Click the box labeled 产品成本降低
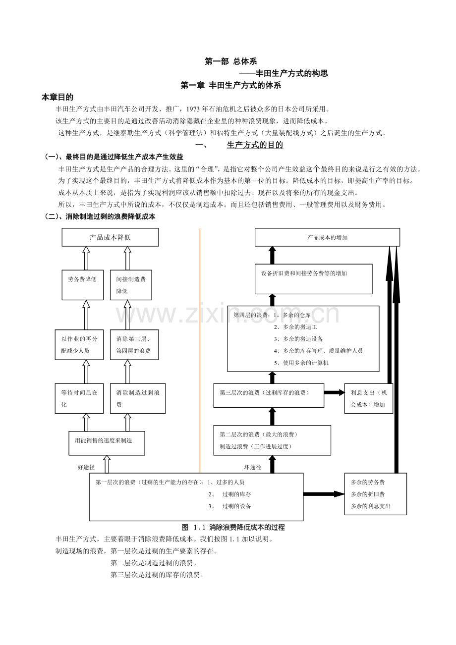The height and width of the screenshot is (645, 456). pyautogui.click(x=110, y=237)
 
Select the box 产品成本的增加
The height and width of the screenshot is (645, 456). pyautogui.click(x=327, y=237)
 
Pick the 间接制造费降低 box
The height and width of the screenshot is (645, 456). pyautogui.click(x=131, y=285)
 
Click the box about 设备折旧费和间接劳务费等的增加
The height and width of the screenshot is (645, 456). pyautogui.click(x=314, y=279)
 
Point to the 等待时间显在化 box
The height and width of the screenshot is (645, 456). pyautogui.click(x=82, y=398)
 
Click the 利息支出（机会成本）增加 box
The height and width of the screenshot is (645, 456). pyautogui.click(x=369, y=398)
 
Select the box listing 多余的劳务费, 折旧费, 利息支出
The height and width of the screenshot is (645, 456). pyautogui.click(x=375, y=494)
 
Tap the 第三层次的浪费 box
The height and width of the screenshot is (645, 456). pyautogui.click(x=269, y=395)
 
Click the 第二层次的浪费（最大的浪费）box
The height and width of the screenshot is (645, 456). pyautogui.click(x=272, y=440)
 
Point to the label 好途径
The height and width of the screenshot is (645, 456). pyautogui.click(x=86, y=467)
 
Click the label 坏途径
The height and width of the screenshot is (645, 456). pyautogui.click(x=252, y=467)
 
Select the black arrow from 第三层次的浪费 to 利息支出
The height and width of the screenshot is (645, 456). pyautogui.click(x=335, y=393)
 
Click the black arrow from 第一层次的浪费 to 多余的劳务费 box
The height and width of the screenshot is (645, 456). pyautogui.click(x=324, y=494)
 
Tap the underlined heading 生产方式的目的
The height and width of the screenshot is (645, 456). pyautogui.click(x=255, y=145)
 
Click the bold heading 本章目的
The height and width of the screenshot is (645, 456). pyautogui.click(x=57, y=98)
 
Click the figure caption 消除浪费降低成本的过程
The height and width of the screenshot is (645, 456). pyautogui.click(x=246, y=527)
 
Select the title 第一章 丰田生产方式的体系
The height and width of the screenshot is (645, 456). pyautogui.click(x=231, y=85)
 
